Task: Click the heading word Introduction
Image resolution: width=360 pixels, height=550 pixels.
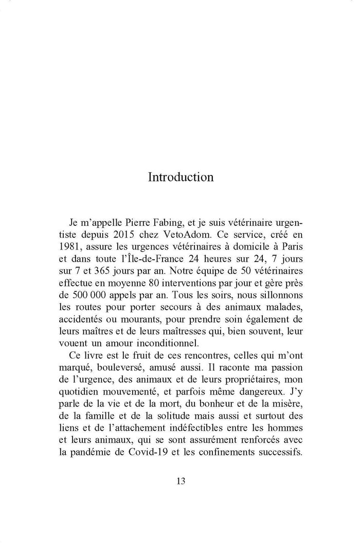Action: point(180,177)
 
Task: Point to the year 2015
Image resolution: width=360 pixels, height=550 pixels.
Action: point(123,237)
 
